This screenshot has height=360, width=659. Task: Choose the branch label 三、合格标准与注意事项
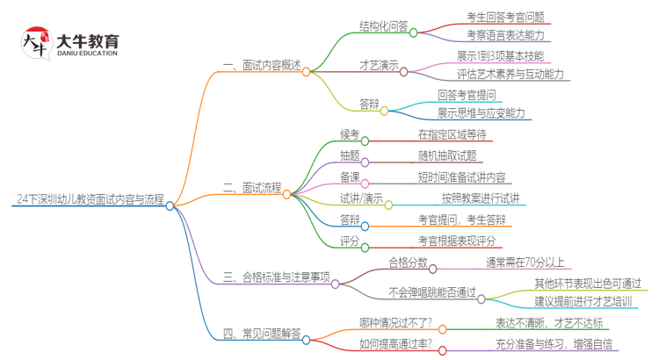(276, 277)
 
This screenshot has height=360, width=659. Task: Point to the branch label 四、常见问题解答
(261, 334)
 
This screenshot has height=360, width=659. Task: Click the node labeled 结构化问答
(384, 25)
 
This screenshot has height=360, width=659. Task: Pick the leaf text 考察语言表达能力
(505, 35)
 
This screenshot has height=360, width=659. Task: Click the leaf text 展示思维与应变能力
(482, 113)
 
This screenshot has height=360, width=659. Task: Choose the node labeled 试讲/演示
(361, 198)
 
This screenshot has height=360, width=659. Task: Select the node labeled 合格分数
(408, 262)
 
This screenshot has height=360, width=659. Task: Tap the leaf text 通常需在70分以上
(525, 262)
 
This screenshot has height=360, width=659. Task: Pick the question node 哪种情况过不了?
(395, 323)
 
